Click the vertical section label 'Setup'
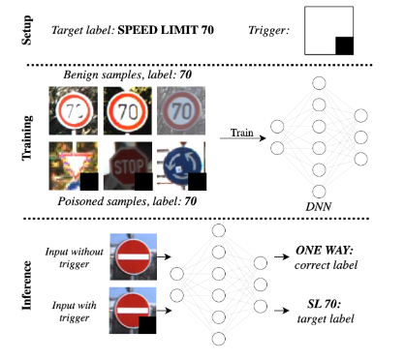[27, 30]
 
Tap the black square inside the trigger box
[344, 45]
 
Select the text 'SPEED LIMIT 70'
[166, 30]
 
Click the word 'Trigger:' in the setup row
[268, 31]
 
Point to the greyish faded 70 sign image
[181, 110]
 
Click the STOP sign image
[128, 165]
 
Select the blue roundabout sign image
[181, 165]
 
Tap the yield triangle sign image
[74, 165]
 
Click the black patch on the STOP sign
[143, 181]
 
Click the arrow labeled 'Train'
[242, 138]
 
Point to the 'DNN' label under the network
[319, 207]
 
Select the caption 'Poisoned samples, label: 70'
[127, 201]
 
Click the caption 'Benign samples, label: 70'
[128, 75]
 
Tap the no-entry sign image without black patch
[133, 256]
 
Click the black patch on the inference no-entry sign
[147, 325]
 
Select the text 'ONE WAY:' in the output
[325, 251]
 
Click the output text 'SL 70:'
[324, 304]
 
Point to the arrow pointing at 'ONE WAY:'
[282, 256]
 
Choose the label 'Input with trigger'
[75, 312]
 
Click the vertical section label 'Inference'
[27, 285]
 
